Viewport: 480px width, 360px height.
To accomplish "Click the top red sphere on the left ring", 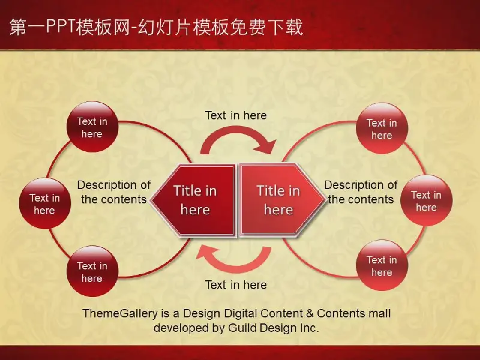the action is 92,127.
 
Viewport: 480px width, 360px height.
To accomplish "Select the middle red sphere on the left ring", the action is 45,203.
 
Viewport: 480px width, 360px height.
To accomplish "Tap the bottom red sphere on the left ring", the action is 92,271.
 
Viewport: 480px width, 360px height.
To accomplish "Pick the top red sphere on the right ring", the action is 382,128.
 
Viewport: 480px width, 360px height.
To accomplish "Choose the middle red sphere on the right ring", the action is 427,201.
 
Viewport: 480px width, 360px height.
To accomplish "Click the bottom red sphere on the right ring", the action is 382,265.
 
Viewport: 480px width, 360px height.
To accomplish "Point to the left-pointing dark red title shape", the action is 193,200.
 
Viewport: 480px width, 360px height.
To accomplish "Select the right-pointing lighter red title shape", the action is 281,200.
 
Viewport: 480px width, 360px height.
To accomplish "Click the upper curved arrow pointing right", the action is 236,132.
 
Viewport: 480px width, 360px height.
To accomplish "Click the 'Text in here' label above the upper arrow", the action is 236,115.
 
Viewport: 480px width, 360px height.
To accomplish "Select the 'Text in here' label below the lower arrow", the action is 236,285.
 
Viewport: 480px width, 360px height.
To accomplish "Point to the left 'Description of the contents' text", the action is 114,192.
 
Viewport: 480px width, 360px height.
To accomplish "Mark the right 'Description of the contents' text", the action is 361,192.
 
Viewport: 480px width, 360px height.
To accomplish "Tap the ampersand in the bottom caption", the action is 310,313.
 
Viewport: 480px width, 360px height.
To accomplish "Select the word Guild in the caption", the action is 243,328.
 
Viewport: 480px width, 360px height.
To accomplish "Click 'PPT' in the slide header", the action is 61,26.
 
